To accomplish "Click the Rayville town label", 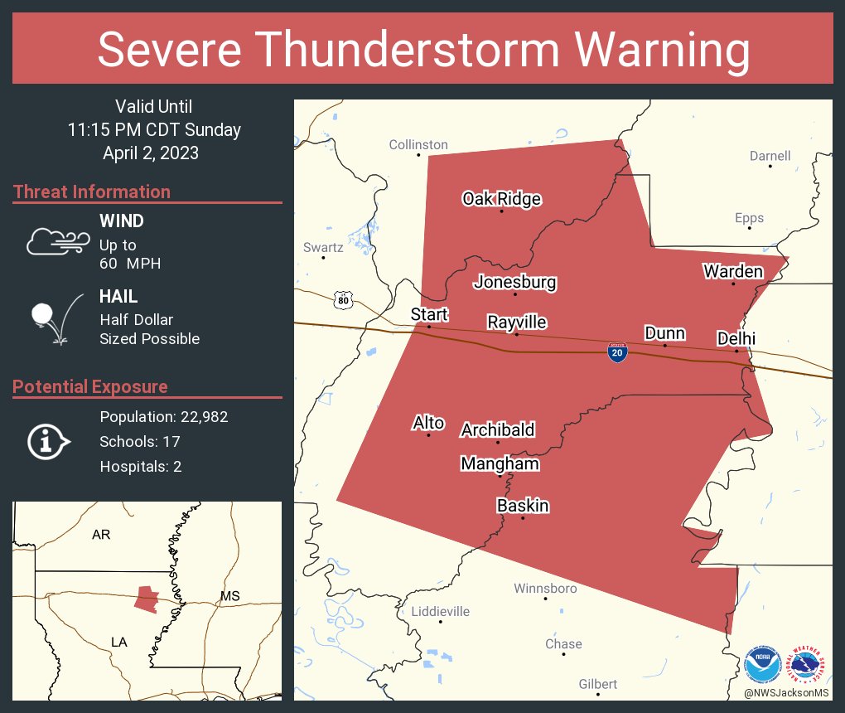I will [517, 322].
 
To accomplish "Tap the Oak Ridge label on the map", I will [501, 199].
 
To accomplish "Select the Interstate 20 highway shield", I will [616, 352].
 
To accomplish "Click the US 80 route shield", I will [343, 299].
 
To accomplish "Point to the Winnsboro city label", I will [545, 588].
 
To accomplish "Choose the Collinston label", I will [418, 145].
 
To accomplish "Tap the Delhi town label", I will [736, 338].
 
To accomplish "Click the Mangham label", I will [500, 463].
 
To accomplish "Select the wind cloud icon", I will [57, 241].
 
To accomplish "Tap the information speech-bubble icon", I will [49, 441].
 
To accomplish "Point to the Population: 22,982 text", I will [164, 416].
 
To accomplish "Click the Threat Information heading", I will [92, 192].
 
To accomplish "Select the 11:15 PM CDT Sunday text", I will [154, 129].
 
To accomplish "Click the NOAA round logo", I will [763, 664].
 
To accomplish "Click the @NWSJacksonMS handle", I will [785, 692].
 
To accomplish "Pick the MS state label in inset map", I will [229, 596].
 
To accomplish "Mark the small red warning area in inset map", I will [146, 599].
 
